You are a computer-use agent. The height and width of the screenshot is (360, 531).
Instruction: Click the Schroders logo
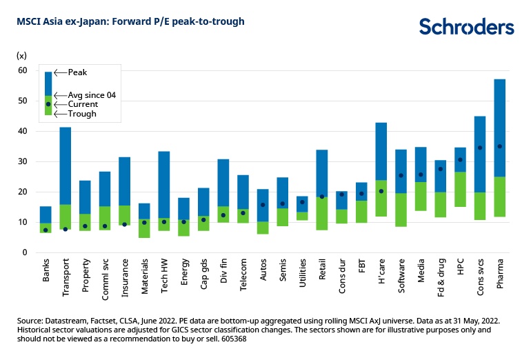466,26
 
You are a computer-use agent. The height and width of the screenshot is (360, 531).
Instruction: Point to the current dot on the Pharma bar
500,146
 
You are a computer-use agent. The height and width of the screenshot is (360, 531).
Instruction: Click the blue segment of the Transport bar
66,166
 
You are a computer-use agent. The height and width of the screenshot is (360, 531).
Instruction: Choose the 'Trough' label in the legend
82,114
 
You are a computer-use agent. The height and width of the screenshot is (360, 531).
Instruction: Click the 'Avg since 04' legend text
91,94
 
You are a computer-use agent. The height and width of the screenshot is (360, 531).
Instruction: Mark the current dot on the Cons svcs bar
480,148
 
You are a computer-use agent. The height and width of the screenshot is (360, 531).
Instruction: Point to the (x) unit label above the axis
22,54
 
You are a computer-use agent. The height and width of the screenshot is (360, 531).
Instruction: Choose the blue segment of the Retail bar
322,173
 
